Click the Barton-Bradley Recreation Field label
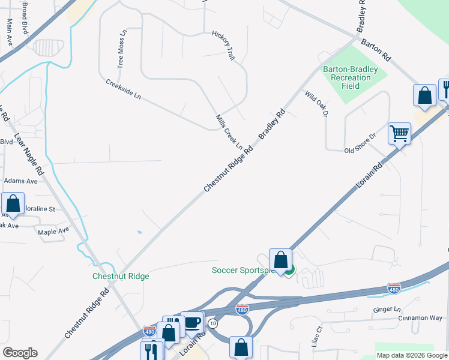point(351,77)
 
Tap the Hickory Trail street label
point(223,46)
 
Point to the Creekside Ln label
point(123,89)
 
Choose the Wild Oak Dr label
point(318,103)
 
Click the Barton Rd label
point(376,50)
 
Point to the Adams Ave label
point(21,180)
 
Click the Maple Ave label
point(53,231)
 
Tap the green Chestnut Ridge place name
point(121,277)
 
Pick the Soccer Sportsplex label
point(243,270)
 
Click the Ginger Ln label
point(387,309)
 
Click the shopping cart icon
point(400,133)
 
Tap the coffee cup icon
point(192,322)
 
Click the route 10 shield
point(212,323)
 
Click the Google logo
point(20,353)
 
